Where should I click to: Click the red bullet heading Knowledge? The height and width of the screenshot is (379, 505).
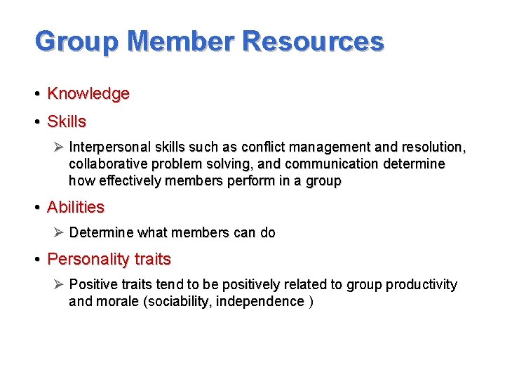tap(88, 93)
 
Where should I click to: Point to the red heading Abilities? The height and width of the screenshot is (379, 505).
tap(75, 207)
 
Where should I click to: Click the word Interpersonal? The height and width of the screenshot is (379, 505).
tap(109, 147)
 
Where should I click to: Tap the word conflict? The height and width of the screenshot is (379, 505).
tap(262, 147)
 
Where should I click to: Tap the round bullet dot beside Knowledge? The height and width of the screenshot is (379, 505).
tap(36, 94)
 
